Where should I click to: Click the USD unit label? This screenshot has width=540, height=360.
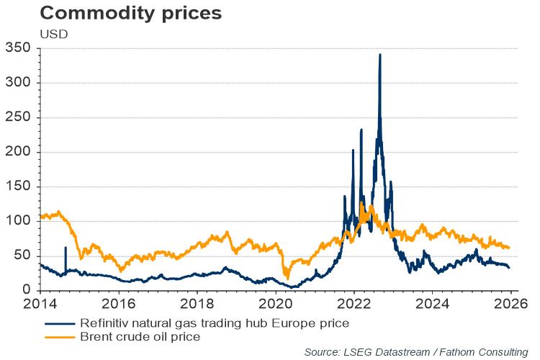point(53,34)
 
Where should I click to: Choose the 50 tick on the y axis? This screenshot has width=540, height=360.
point(23,256)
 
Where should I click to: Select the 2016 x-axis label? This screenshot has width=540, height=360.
point(119,303)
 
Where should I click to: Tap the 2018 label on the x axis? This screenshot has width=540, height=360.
point(197,303)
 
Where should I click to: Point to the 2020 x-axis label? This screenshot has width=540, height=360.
point(276,303)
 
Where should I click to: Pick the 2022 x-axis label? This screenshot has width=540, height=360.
point(354,303)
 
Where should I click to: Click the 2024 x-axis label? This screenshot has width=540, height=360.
point(433,303)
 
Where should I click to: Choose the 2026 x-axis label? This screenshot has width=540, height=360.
point(511,303)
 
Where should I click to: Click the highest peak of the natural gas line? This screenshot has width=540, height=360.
point(379,55)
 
